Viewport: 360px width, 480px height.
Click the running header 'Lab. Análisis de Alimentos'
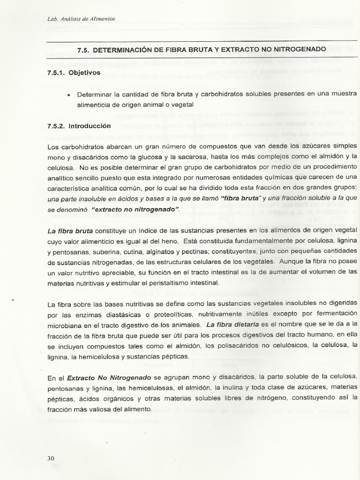tap(81, 19)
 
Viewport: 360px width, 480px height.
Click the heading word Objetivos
tap(84, 73)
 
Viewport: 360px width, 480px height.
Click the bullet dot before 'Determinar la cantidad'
tap(69, 95)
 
